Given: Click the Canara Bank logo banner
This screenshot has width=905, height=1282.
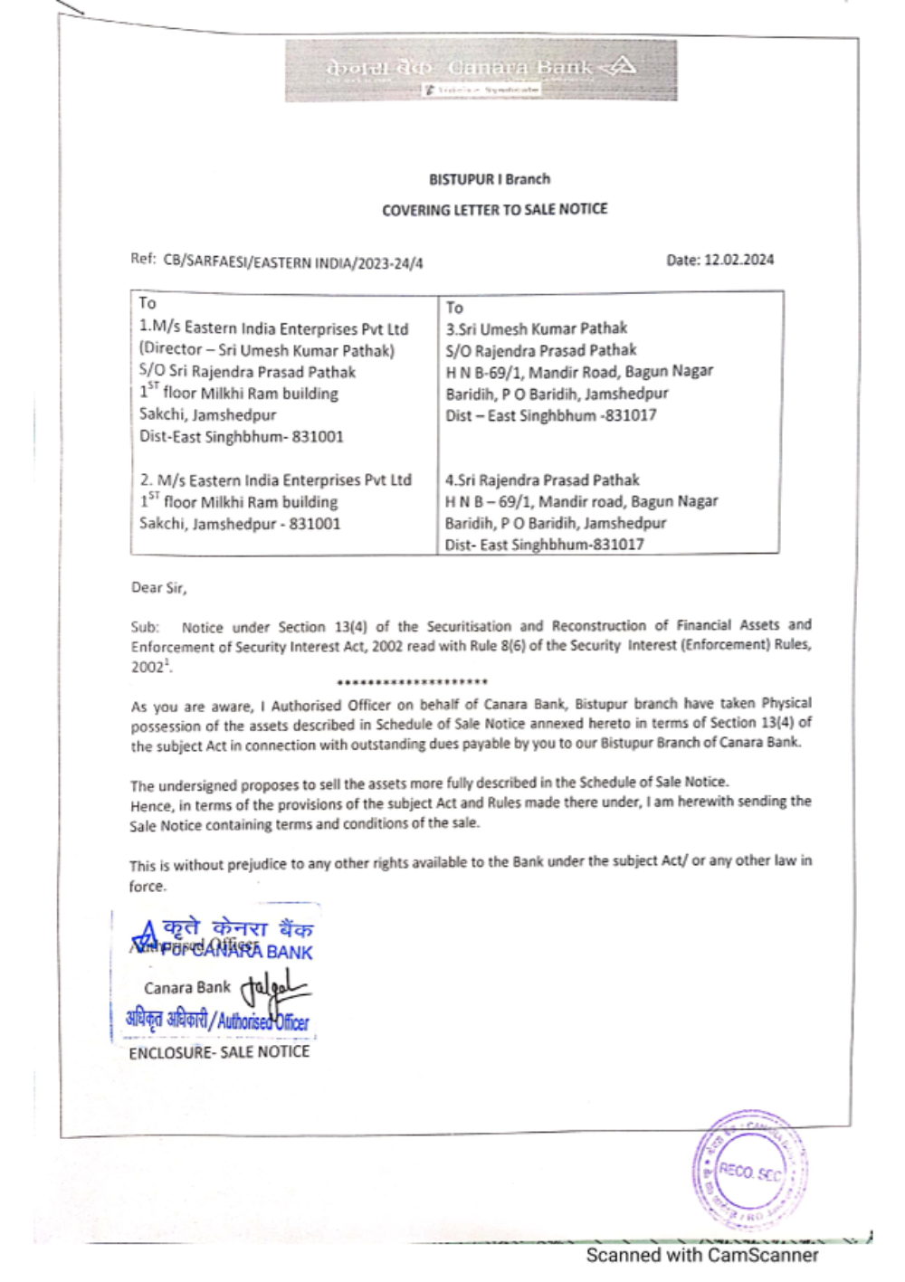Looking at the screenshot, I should [x=481, y=70].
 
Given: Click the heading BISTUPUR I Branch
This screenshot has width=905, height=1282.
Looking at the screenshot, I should [x=490, y=179].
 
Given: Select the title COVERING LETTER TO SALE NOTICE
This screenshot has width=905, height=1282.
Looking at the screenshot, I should [x=494, y=210].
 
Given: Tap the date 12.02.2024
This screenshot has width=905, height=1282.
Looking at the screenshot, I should [x=738, y=260].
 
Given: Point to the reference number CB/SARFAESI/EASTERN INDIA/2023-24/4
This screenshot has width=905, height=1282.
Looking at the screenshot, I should [x=292, y=263].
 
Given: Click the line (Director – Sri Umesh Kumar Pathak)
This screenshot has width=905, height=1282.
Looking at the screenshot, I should [x=267, y=349].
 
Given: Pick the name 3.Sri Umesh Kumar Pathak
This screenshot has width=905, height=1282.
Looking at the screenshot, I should [x=536, y=328].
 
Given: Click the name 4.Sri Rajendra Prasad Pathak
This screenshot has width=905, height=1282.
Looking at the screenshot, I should [x=541, y=480].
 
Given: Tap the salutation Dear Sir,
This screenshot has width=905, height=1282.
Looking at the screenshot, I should [x=158, y=588].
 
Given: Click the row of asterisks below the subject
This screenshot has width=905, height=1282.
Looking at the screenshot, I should [x=412, y=682].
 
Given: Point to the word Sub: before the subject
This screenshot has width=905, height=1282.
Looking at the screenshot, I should [x=145, y=627].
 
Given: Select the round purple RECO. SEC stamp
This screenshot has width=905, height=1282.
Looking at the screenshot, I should [x=749, y=1170].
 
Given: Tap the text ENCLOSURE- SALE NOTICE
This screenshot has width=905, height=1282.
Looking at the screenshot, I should [x=219, y=1052].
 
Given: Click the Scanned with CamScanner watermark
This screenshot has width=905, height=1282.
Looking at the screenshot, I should [x=702, y=1256].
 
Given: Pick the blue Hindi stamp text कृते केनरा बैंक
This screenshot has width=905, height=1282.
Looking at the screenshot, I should [x=238, y=928].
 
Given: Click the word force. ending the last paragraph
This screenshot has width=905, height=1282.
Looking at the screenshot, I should [x=148, y=887].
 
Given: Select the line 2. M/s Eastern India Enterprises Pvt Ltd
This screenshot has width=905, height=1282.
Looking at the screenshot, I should [x=276, y=480].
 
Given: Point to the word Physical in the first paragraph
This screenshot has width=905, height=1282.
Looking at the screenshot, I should [x=786, y=703].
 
